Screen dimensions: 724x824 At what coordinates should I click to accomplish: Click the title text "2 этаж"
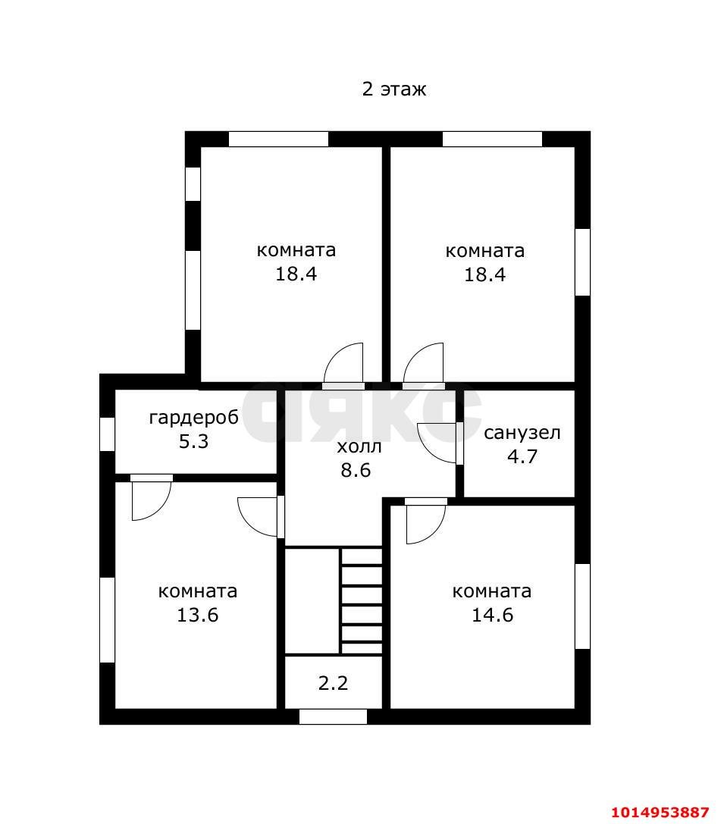[x=393, y=89]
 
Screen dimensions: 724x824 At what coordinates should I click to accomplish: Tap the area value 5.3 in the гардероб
[x=194, y=441]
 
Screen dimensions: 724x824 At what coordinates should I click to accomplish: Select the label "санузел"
[x=522, y=433]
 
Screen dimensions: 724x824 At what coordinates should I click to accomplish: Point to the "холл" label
[x=359, y=446]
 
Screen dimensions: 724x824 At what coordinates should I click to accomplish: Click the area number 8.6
[x=356, y=470]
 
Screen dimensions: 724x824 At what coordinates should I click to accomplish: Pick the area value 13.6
[x=198, y=614]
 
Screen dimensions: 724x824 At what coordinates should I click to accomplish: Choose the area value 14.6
[x=492, y=614]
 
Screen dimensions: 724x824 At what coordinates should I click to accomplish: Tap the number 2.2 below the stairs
[x=333, y=683]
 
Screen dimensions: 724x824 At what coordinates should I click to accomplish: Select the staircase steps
[x=362, y=601]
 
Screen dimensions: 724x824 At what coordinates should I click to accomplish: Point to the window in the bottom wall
[x=333, y=716]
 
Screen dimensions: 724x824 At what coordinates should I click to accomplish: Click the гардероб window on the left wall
[x=107, y=434]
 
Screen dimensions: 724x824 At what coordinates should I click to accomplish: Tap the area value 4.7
[x=522, y=456]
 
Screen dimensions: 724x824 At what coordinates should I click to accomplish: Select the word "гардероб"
[x=194, y=418]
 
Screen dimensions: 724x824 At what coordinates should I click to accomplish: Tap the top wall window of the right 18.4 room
[x=492, y=139]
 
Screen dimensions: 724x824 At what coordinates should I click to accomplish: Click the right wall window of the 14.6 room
[x=583, y=606]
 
